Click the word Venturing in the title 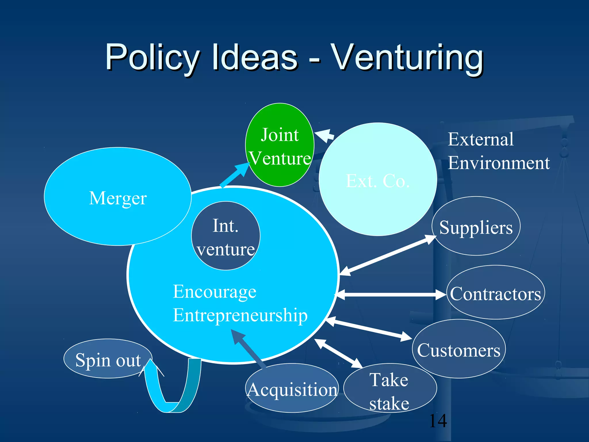407,58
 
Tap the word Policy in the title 152,58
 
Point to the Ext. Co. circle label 378,181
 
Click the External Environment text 498,151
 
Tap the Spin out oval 108,359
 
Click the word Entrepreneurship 240,315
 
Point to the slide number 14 438,421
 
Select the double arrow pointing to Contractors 391,294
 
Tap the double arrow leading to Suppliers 388,255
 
